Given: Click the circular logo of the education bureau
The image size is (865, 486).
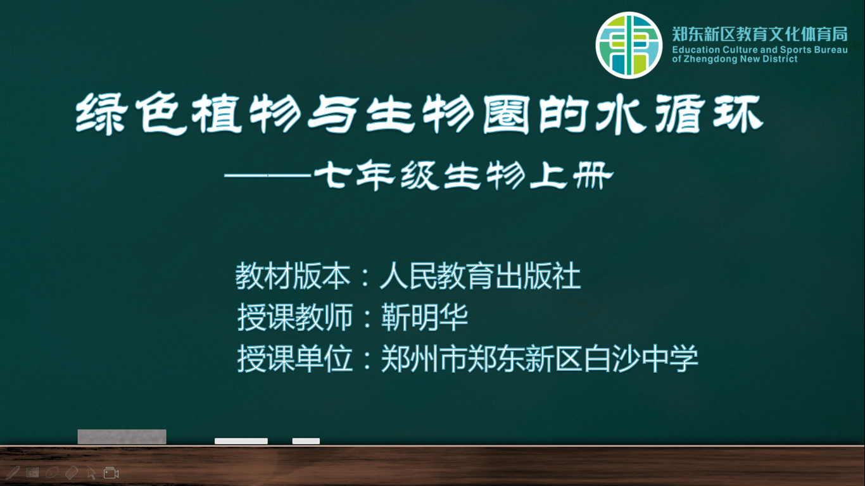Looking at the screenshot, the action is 629,45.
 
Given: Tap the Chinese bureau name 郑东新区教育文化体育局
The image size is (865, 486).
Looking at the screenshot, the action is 760,34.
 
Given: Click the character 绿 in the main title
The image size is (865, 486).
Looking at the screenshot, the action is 101,115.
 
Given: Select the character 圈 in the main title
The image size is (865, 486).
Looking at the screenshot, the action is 506,115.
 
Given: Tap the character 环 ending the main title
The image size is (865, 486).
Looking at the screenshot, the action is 738,115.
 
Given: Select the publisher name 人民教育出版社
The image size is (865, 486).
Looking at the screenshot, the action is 481,276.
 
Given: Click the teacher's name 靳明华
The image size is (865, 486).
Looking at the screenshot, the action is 425,317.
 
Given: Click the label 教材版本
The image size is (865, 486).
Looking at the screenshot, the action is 293,276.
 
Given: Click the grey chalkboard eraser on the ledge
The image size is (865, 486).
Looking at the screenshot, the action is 122,437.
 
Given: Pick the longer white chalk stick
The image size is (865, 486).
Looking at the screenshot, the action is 241,441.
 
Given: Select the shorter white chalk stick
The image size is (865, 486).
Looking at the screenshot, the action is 306,441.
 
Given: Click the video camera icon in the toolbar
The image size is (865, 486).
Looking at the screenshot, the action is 111,473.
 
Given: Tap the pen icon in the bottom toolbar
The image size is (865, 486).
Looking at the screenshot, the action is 13,473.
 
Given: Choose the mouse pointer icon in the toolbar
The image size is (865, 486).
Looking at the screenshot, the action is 92,473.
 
